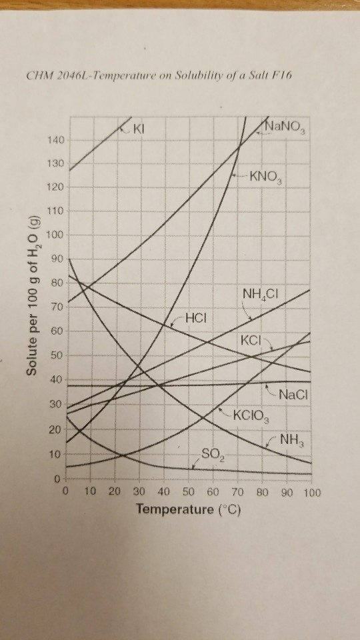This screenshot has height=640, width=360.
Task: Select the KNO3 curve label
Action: (266, 178)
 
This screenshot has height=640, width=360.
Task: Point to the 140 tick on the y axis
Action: (55, 141)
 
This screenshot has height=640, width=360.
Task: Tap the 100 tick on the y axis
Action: (55, 235)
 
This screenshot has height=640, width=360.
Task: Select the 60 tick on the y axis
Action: (57, 331)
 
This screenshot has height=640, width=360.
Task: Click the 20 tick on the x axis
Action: (114, 493)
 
